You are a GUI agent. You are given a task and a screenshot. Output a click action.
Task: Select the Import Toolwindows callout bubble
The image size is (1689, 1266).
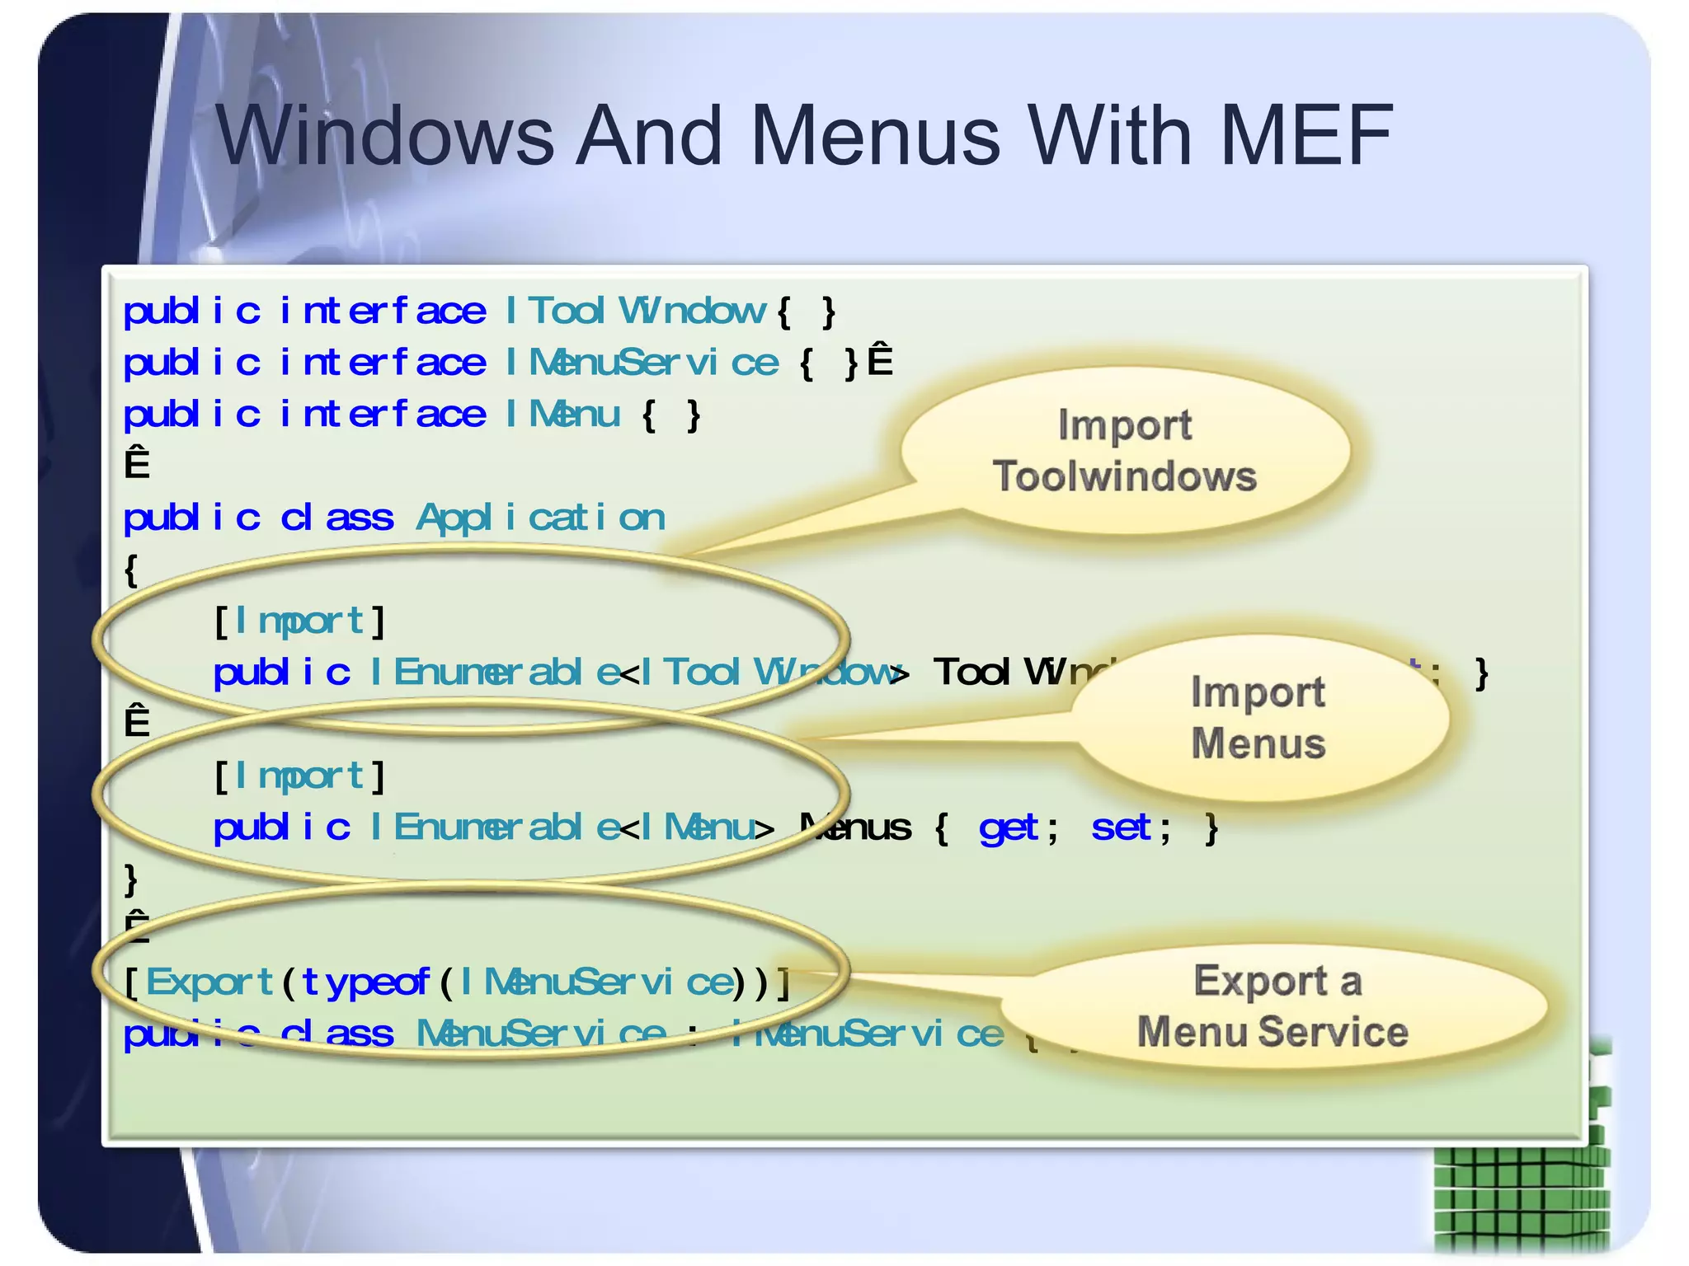point(1125,451)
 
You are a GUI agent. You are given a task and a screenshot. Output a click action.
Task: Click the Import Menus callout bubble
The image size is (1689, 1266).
point(1259,718)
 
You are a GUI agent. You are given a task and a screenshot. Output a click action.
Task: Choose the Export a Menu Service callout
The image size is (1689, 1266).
point(1274,1006)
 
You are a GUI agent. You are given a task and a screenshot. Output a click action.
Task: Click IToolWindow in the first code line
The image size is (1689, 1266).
point(635,312)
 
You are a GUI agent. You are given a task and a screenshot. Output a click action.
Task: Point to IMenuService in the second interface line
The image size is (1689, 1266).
point(641,363)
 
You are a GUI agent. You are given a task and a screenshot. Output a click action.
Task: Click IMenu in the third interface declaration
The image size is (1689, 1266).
point(562,415)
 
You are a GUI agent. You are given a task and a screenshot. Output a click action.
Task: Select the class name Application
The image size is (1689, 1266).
point(540,518)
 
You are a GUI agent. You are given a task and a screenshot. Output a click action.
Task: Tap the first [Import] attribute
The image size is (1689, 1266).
point(299,621)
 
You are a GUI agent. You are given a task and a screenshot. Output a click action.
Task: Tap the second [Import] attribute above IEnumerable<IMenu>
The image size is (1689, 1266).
point(299,776)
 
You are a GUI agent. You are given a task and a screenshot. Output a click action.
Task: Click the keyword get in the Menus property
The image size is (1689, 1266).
point(1009,828)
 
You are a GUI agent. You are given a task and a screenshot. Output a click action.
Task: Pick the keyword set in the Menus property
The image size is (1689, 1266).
point(1121,828)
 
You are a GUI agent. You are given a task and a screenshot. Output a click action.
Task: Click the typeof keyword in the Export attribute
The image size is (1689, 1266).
point(365,982)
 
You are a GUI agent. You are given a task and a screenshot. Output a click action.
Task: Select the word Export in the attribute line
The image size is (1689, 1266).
point(209,982)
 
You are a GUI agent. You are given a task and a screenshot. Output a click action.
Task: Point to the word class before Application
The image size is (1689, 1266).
point(336,518)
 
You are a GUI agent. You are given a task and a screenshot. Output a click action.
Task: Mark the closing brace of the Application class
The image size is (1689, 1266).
point(131,879)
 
